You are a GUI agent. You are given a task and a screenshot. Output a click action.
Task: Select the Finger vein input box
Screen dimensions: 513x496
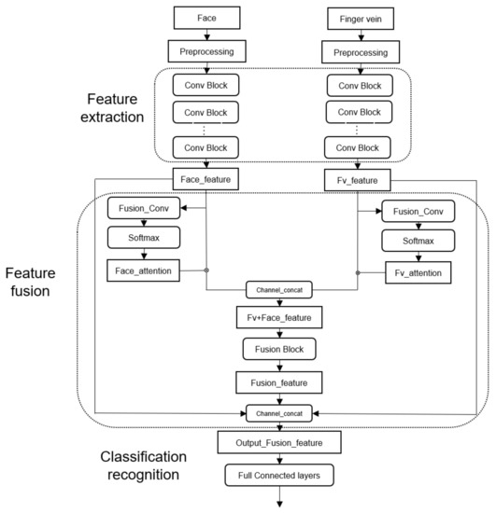359,18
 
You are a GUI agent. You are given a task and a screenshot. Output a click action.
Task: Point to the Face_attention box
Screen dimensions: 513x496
143,272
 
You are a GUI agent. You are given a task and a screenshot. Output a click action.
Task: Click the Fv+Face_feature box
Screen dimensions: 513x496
280,318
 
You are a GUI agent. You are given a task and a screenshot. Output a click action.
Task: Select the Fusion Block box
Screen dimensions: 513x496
280,350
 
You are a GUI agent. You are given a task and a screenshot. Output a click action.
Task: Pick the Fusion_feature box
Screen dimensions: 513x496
280,381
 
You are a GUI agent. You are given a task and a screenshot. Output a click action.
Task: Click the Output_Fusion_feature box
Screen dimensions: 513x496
280,441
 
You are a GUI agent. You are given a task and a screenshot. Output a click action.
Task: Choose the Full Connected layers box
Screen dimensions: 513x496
280,476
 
